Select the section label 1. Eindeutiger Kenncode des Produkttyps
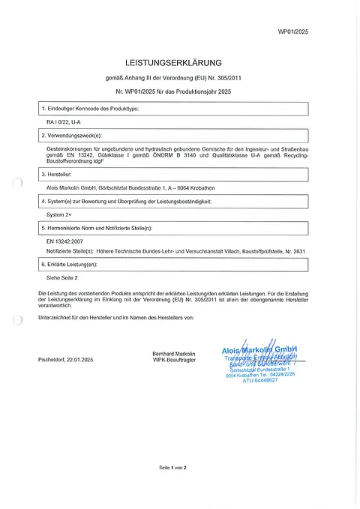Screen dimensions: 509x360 (91, 109)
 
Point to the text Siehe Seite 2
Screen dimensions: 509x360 (63, 277)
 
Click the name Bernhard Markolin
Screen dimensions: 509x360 (173, 353)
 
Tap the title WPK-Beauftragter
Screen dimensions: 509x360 (173, 360)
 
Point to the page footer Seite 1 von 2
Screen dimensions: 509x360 (172, 468)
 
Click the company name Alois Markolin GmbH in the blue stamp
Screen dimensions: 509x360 (259, 349)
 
